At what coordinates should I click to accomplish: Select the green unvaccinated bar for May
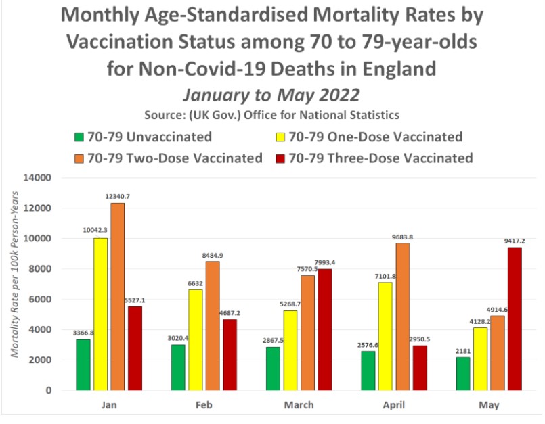point(464,373)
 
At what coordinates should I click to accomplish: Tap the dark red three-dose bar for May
point(515,319)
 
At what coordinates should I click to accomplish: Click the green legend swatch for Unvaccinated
point(79,137)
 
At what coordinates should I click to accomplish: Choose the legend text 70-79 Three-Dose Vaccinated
point(380,158)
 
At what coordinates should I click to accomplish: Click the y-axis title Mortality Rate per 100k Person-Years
point(14,285)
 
